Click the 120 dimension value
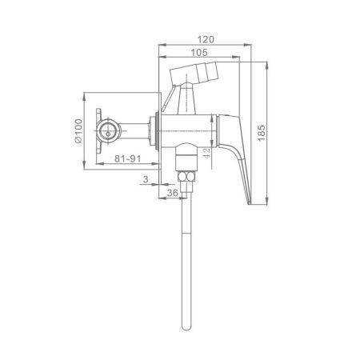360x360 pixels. tap(206, 39)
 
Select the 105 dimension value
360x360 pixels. tap(199, 53)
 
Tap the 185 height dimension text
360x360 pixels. tap(262, 133)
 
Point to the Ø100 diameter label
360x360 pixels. tap(78, 131)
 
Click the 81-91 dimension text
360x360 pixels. tap(128, 158)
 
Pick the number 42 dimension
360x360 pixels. tap(206, 154)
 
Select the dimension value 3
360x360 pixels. tap(146, 179)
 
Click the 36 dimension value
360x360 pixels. tap(172, 193)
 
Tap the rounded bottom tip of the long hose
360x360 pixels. tap(186, 330)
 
